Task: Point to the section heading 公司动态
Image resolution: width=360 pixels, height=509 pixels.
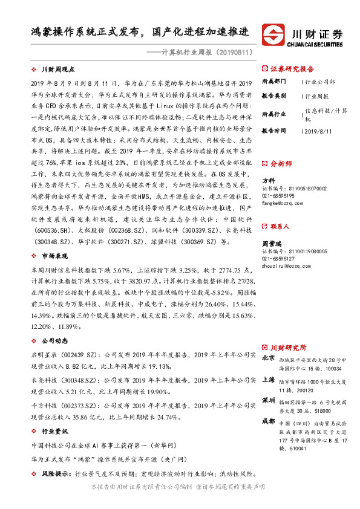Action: coord(54,340)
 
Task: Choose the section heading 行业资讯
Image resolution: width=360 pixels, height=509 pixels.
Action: coord(54,432)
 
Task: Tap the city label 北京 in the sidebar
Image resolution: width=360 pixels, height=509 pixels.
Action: coord(268,358)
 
